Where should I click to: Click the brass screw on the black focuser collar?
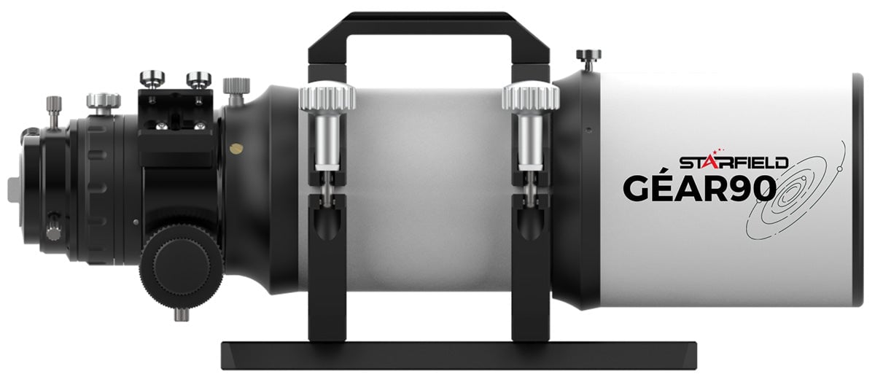[236, 148]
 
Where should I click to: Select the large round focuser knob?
[182, 265]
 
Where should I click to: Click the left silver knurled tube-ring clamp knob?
[327, 98]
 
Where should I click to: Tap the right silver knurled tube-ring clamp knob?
[531, 98]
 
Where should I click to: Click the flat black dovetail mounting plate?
[459, 355]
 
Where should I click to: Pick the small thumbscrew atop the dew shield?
[588, 60]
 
